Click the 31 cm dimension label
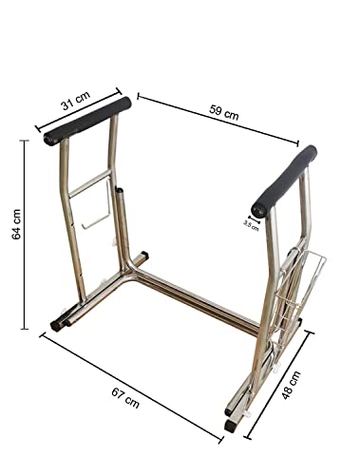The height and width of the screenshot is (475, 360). (x=76, y=100)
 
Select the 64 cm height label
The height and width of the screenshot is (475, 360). (x=16, y=224)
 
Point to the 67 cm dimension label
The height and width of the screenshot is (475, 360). (x=125, y=398)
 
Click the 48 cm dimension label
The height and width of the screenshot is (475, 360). (x=291, y=385)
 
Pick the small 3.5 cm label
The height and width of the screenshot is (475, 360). (x=251, y=225)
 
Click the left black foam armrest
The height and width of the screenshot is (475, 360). (x=87, y=121)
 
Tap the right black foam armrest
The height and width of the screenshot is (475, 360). (x=285, y=181)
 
